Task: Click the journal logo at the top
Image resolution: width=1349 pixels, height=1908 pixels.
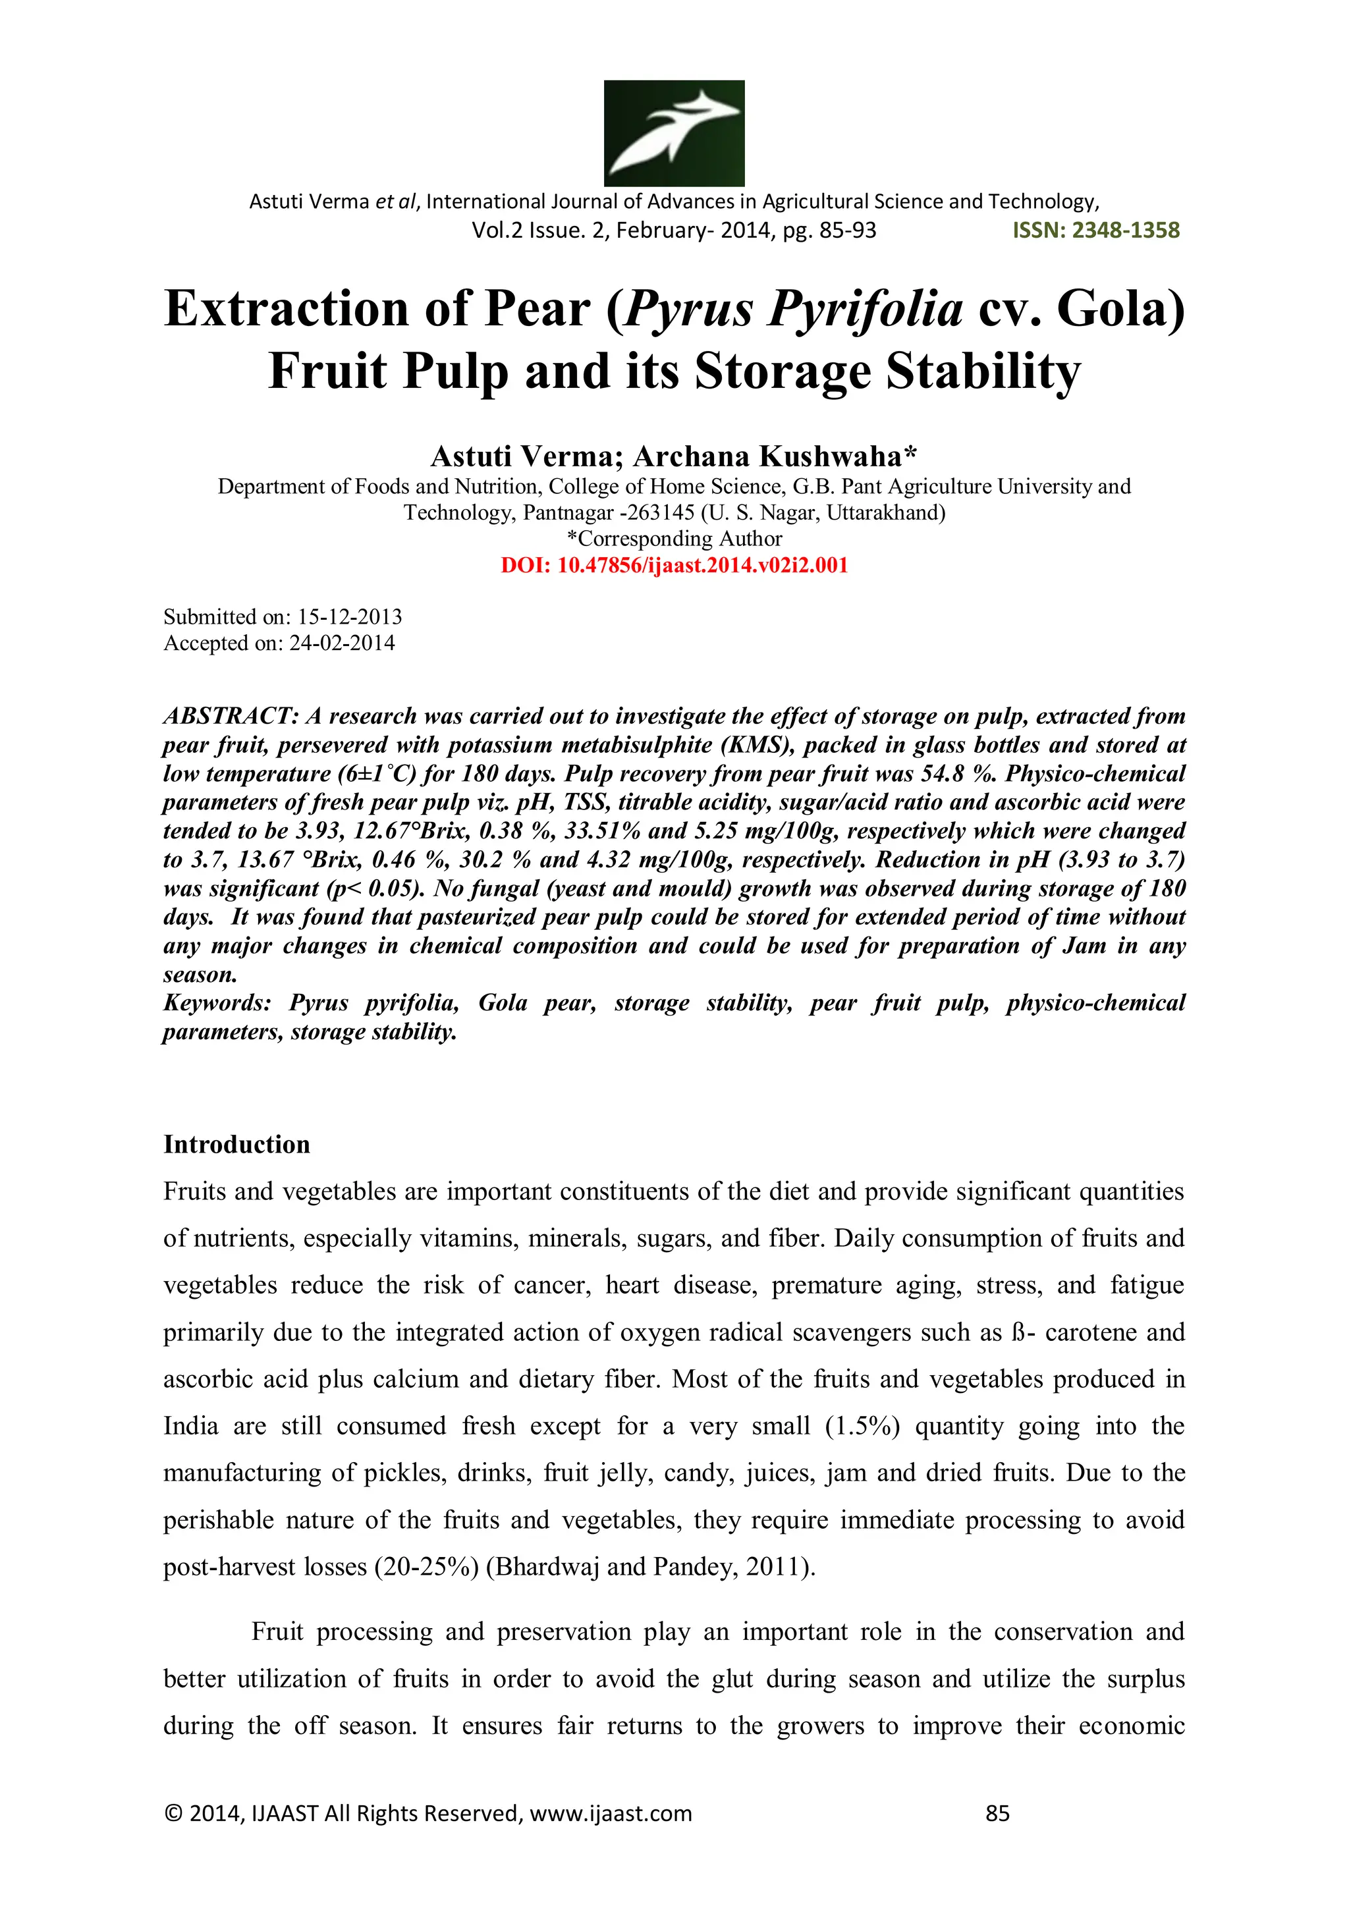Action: click(673, 133)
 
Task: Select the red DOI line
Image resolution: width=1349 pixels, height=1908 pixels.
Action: click(674, 566)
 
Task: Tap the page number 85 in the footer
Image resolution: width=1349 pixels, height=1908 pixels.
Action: click(997, 1813)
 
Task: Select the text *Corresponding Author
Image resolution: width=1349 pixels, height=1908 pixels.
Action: click(674, 539)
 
